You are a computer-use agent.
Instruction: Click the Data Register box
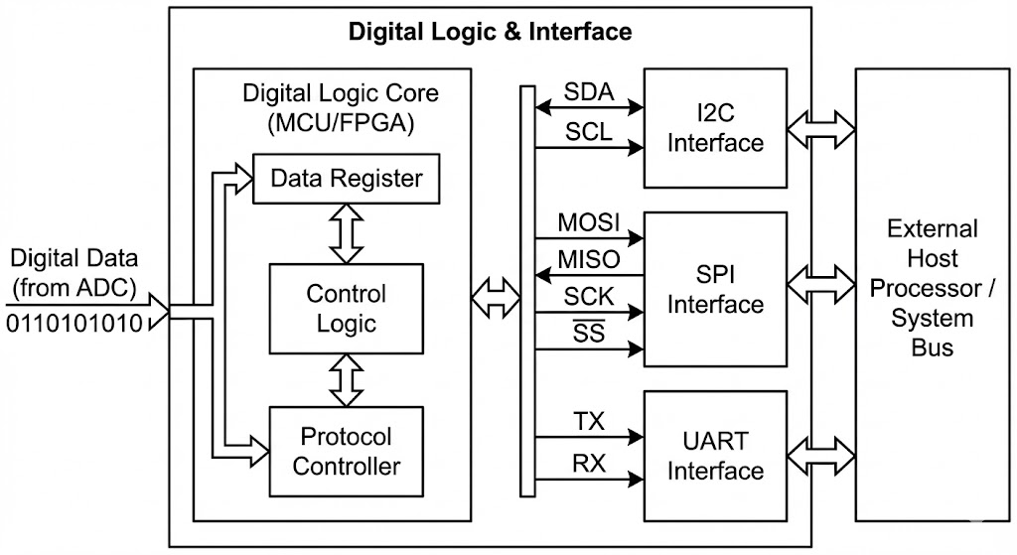346,179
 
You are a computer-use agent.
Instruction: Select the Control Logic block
346,308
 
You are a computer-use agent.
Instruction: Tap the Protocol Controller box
346,451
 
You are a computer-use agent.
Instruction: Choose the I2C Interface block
715,128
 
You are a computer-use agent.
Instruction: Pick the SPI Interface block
715,289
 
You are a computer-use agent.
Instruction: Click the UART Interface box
715,455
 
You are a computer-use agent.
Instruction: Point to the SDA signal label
589,92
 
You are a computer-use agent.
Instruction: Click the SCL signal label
589,131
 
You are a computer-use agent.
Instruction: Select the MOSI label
589,222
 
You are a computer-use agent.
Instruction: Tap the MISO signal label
589,259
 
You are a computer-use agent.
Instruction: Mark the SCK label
589,296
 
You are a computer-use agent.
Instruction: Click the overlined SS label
589,333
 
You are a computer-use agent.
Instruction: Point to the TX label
589,421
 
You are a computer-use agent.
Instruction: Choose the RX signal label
589,463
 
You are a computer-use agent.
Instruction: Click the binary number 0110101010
75,324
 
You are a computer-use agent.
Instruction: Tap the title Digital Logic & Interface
490,32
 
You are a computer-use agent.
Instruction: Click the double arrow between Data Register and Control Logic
346,233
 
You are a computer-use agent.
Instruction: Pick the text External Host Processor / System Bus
932,288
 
